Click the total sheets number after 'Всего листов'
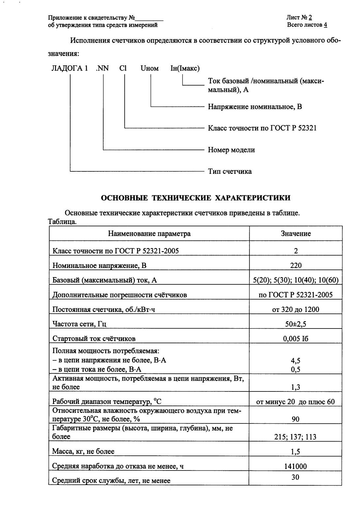click(x=325, y=25)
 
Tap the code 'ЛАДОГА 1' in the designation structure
click(x=70, y=69)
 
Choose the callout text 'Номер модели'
click(x=231, y=150)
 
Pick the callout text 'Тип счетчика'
click(x=230, y=171)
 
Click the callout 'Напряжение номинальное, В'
click(x=255, y=107)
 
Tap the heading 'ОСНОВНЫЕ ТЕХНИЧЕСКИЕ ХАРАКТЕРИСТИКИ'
click(x=195, y=198)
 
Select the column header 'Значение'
click(x=296, y=234)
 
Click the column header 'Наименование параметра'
click(x=149, y=234)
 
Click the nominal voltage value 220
click(x=296, y=266)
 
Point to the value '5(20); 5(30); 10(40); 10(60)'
click(x=296, y=280)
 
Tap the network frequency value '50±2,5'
click(x=296, y=324)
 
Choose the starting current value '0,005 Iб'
click(x=296, y=339)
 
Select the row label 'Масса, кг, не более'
click(x=83, y=451)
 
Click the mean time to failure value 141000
click(x=296, y=466)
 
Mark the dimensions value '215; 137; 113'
click(x=296, y=437)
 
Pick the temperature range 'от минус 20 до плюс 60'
click(x=296, y=402)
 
